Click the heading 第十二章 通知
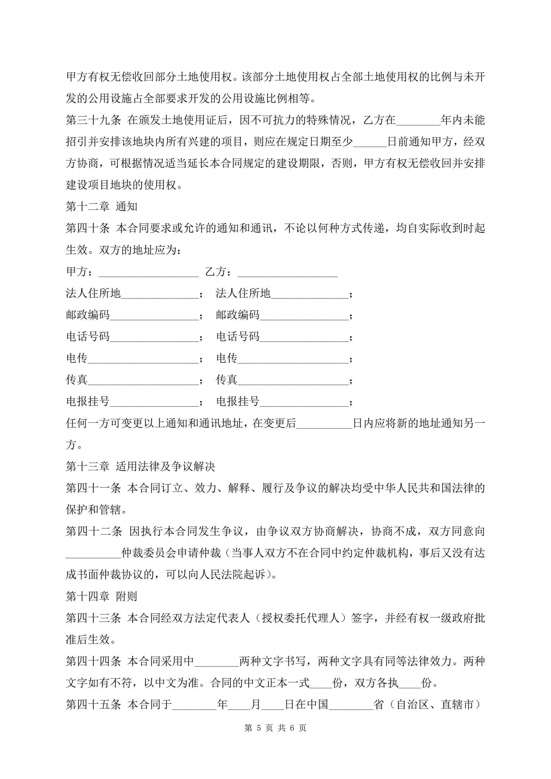coord(102,206)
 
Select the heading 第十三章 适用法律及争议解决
coord(140,467)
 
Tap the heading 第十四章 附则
coord(102,596)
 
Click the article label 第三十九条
coord(93,120)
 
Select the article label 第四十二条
coord(94,531)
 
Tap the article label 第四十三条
coord(93,618)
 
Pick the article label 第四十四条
coord(93,661)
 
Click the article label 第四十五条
coord(93,704)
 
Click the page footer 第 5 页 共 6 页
coord(275,728)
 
